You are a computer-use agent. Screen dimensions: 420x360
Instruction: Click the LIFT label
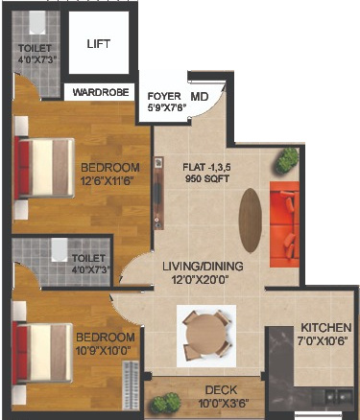point(98,44)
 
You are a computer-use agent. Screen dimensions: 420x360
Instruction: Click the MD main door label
point(199,97)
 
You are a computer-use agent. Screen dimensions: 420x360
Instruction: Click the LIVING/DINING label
point(203,266)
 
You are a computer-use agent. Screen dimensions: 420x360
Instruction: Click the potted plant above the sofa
point(286,158)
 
